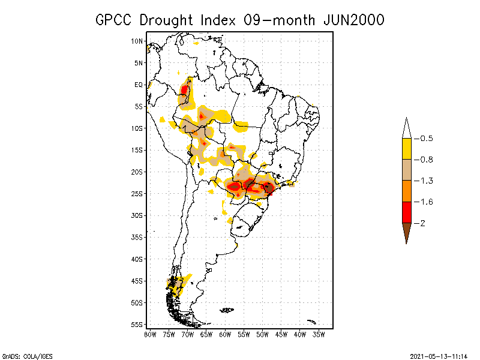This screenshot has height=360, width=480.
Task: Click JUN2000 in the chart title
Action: coord(347,20)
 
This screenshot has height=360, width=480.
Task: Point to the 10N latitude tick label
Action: coord(137,41)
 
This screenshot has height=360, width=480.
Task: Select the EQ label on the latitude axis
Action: coord(139,85)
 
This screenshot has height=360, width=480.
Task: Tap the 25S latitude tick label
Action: coord(137,193)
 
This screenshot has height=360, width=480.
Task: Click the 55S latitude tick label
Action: coord(137,324)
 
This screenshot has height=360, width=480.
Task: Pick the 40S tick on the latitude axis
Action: coord(137,259)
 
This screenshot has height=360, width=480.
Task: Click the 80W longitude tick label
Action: coord(150,334)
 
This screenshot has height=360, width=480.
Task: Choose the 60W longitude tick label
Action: coord(225,334)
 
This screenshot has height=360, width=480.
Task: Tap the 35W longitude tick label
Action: coord(319,334)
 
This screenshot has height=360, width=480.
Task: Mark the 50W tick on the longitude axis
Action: coord(262,334)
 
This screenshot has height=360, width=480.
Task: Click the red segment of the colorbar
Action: coord(406,212)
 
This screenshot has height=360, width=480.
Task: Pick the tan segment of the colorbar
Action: coord(406,170)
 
